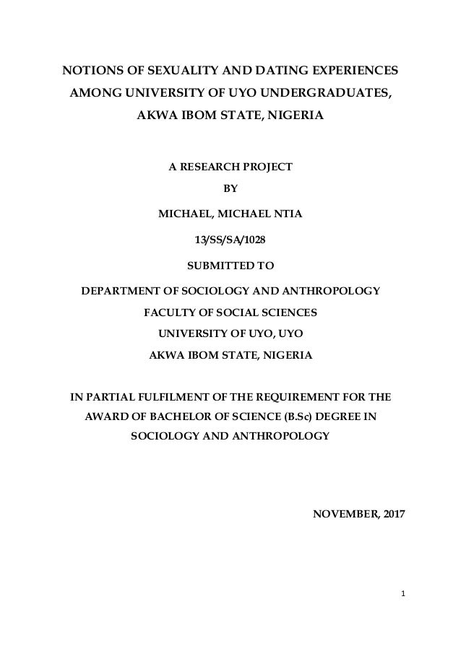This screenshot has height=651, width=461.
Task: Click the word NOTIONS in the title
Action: tap(91, 72)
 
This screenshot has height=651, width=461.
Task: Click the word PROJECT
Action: tap(268, 167)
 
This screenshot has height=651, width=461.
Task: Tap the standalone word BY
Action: tap(231, 190)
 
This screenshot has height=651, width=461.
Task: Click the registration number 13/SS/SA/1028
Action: tap(231, 239)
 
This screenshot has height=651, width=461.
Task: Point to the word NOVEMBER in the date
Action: tap(345, 515)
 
